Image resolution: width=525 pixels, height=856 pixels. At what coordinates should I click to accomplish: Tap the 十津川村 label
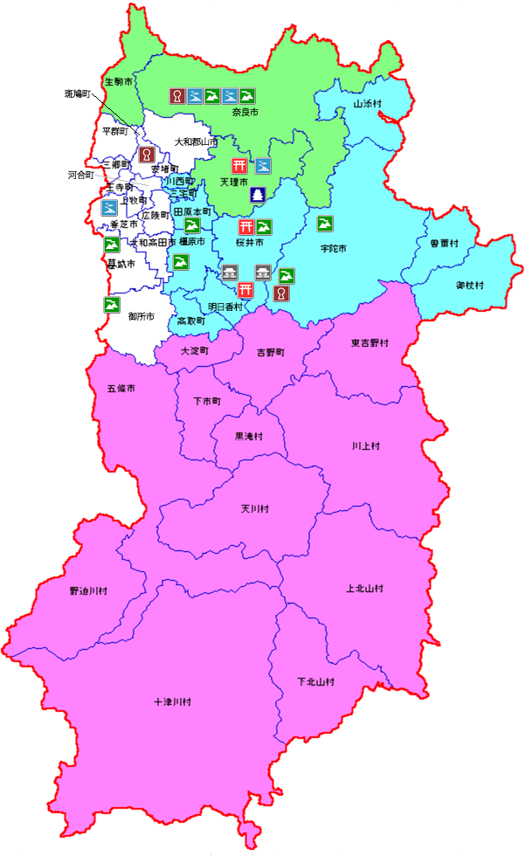click(172, 701)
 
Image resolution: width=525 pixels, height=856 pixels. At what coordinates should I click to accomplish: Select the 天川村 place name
click(254, 508)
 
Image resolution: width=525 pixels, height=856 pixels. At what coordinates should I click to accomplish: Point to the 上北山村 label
click(365, 589)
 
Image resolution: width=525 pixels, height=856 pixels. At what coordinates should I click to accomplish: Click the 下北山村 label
click(315, 681)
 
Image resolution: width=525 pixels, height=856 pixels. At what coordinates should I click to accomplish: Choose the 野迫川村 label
click(89, 591)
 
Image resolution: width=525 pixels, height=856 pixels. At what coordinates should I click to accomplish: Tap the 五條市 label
click(121, 388)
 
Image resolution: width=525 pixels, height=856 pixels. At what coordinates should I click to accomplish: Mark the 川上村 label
click(366, 445)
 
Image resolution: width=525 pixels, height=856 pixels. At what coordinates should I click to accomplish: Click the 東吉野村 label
click(370, 343)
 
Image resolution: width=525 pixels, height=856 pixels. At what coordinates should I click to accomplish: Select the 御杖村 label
click(469, 286)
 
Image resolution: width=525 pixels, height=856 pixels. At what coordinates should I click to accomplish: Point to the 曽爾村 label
click(444, 244)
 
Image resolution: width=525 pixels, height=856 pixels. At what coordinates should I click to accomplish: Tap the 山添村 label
click(368, 103)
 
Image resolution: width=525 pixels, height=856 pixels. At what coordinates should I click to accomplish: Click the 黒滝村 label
click(248, 436)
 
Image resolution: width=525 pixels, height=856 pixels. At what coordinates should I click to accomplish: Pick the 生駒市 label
click(119, 81)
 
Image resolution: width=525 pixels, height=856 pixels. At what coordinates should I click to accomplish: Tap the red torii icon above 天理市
click(239, 165)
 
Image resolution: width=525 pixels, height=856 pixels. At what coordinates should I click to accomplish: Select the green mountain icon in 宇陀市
click(323, 224)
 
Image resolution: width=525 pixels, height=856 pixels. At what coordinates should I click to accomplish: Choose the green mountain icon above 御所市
click(112, 305)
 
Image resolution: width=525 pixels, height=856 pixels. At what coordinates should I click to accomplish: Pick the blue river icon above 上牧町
click(110, 208)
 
